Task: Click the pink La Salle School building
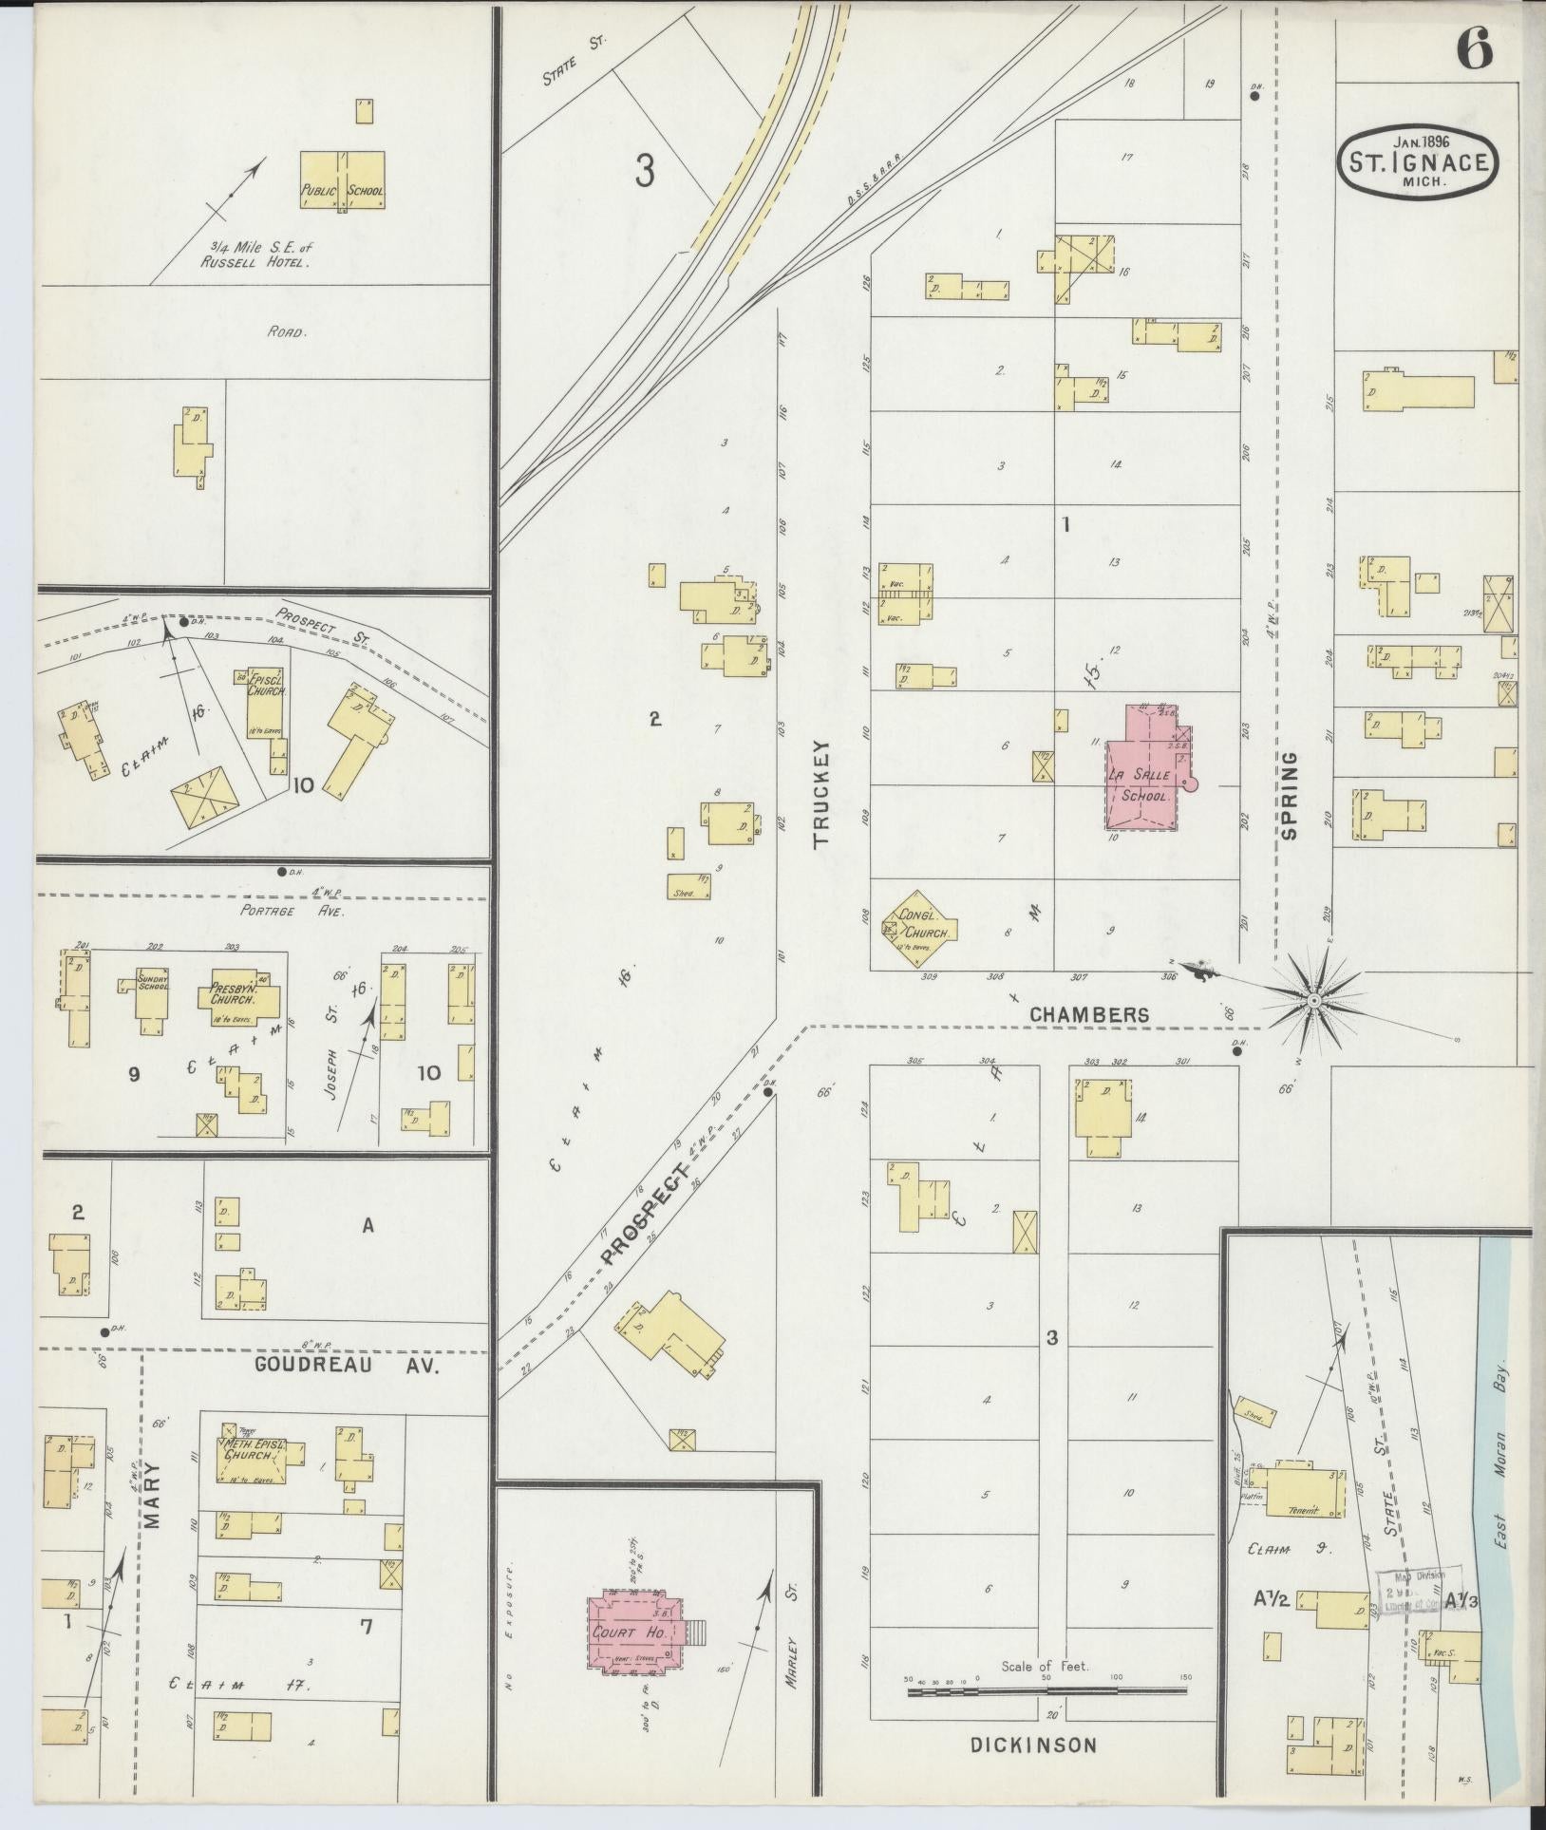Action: pyautogui.click(x=1144, y=784)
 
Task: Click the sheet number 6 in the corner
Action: pyautogui.click(x=1474, y=47)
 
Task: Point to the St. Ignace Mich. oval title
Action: pyautogui.click(x=1419, y=162)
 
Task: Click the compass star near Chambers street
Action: pyautogui.click(x=1313, y=1000)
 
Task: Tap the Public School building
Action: pyautogui.click(x=343, y=181)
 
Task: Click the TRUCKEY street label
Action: pyautogui.click(x=821, y=793)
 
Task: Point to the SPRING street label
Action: pyautogui.click(x=1289, y=796)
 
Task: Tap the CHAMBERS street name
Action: pyautogui.click(x=1089, y=1014)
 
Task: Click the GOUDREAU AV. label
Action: pyautogui.click(x=346, y=1366)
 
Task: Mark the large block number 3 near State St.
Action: pyautogui.click(x=645, y=172)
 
